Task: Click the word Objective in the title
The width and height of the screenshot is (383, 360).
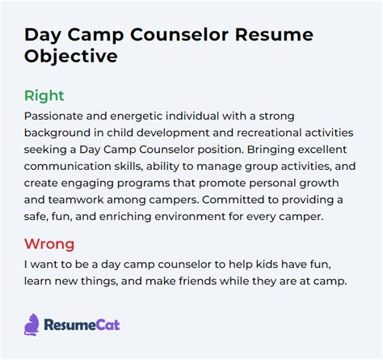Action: coord(71,57)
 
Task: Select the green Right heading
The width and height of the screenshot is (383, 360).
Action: coord(44,96)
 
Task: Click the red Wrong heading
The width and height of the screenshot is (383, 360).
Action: coord(49,244)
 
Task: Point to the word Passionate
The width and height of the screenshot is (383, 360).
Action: coord(53,116)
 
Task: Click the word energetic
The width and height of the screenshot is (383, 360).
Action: coord(137,116)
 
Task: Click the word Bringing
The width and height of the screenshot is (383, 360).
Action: coord(271,150)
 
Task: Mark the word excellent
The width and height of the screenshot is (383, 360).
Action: coord(322,150)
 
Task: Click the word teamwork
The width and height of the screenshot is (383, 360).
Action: coord(76,200)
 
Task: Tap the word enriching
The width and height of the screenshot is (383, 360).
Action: coord(125,217)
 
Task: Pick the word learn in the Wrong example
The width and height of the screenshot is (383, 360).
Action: coord(37,281)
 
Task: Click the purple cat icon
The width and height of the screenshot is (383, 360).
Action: coord(32,324)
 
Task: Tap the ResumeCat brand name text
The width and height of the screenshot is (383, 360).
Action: coord(82,324)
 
